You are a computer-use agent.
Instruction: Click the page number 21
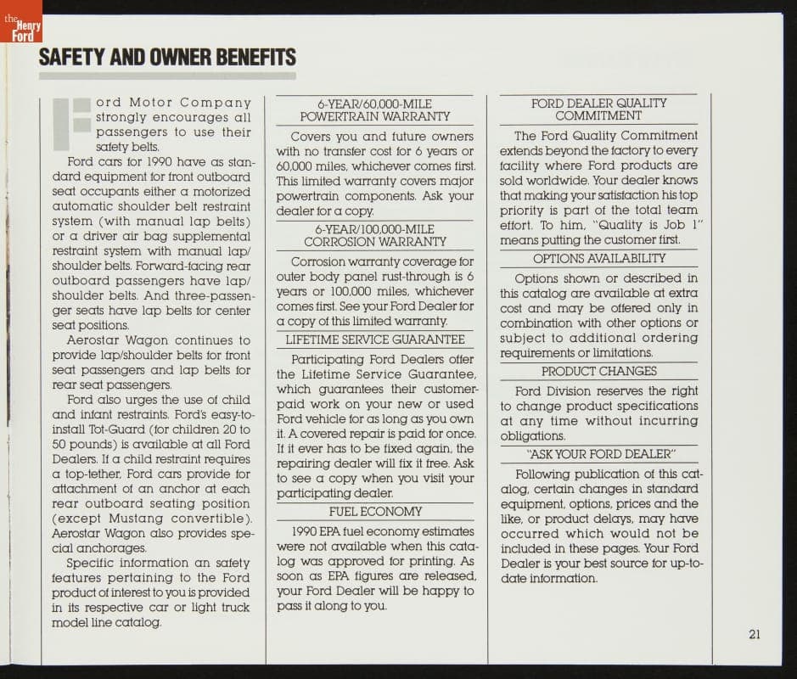[754, 635]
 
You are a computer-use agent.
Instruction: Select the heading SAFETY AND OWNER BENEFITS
[167, 58]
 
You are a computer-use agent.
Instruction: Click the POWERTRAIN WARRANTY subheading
[374, 116]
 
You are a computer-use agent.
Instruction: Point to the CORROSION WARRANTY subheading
[374, 242]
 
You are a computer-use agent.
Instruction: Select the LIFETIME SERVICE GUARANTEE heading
[374, 339]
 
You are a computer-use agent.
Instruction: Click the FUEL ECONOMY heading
[375, 512]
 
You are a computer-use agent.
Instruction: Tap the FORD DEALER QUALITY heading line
[598, 103]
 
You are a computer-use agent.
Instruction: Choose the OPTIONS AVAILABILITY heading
[598, 258]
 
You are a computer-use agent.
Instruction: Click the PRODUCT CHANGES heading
[598, 371]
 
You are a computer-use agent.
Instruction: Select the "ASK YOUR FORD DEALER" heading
[599, 454]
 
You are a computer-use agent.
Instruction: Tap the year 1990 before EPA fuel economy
[306, 532]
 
